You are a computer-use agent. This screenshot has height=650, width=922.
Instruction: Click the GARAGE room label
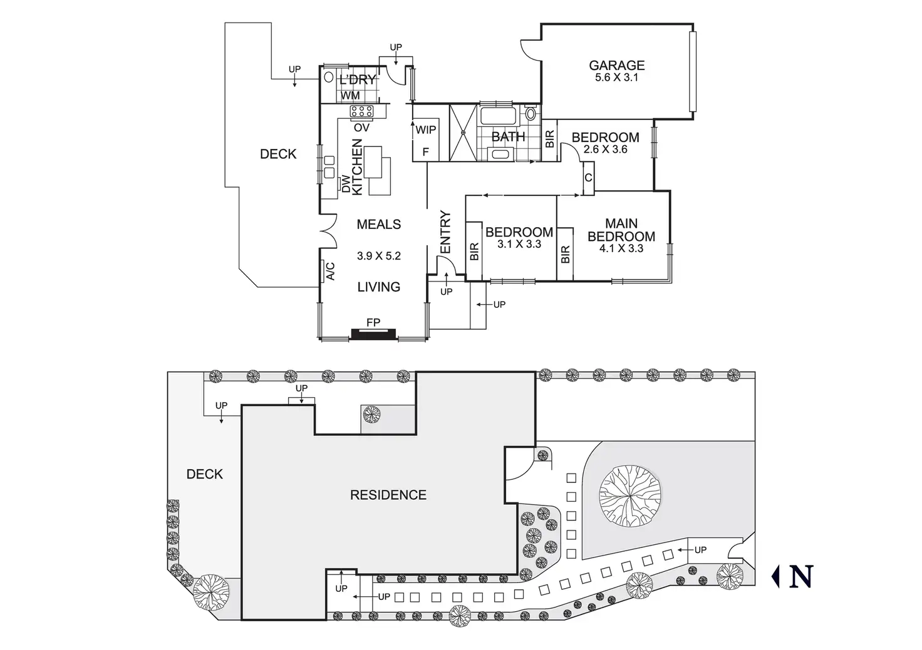point(616,65)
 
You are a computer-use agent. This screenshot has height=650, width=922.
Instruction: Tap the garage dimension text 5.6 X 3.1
point(616,78)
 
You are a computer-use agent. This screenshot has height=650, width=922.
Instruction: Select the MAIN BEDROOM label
point(621,230)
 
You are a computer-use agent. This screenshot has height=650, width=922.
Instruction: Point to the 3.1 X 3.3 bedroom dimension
point(519,244)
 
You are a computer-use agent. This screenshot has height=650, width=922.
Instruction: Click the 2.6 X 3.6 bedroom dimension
point(605,150)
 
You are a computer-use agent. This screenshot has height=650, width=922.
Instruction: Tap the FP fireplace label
point(373,323)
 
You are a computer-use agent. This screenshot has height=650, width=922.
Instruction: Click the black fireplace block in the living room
point(374,333)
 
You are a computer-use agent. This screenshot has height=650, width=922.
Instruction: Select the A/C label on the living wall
point(331,271)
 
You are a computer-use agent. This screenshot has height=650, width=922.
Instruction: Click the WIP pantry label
point(426,130)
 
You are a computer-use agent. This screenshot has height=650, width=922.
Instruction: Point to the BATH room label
point(508,136)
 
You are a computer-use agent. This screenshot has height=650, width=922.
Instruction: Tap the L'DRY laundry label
point(358,79)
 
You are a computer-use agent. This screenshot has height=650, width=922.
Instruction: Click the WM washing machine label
point(351,96)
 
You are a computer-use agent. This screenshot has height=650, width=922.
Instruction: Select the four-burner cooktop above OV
point(361,112)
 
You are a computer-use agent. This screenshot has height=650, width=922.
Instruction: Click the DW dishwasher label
point(345,183)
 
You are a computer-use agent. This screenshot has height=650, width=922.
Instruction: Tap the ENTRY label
point(445,232)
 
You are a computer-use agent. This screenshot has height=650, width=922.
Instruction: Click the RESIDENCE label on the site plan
point(388,495)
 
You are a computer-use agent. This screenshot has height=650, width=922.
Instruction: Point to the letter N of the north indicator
point(801,576)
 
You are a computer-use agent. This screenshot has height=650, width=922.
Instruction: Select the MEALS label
point(378,224)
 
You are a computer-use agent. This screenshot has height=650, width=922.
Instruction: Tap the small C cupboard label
point(588,178)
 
